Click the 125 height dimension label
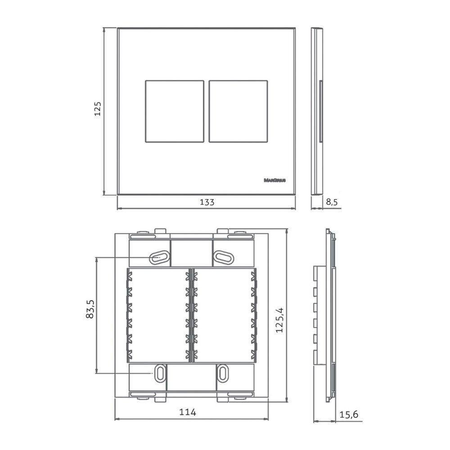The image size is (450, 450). click(x=98, y=109)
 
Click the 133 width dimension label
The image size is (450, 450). click(x=207, y=202)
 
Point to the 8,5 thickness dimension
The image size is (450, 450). click(x=332, y=202)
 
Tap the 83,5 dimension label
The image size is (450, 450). click(x=90, y=309)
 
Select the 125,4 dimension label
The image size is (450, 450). click(x=280, y=320)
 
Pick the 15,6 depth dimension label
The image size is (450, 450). click(x=349, y=415)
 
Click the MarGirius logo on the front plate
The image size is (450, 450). click(x=276, y=180)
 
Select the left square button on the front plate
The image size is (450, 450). click(x=174, y=111)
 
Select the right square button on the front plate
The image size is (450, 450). click(x=238, y=111)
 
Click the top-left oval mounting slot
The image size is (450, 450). click(x=159, y=257)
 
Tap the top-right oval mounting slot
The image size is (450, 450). click(x=223, y=257)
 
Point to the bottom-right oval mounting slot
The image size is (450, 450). click(x=223, y=373)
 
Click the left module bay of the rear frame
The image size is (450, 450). click(x=157, y=315)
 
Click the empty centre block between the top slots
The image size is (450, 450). click(x=191, y=252)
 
